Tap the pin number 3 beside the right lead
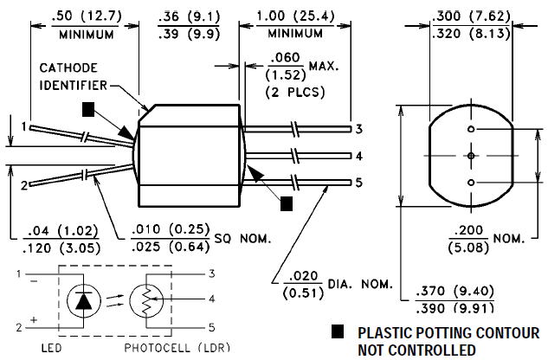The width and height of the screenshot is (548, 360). click(358, 129)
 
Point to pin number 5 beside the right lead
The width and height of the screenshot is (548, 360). click(358, 183)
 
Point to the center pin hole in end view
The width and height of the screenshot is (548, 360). click(470, 156)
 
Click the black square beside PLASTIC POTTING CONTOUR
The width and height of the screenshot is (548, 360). click(337, 332)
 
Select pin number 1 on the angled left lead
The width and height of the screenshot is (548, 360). click(23, 126)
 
